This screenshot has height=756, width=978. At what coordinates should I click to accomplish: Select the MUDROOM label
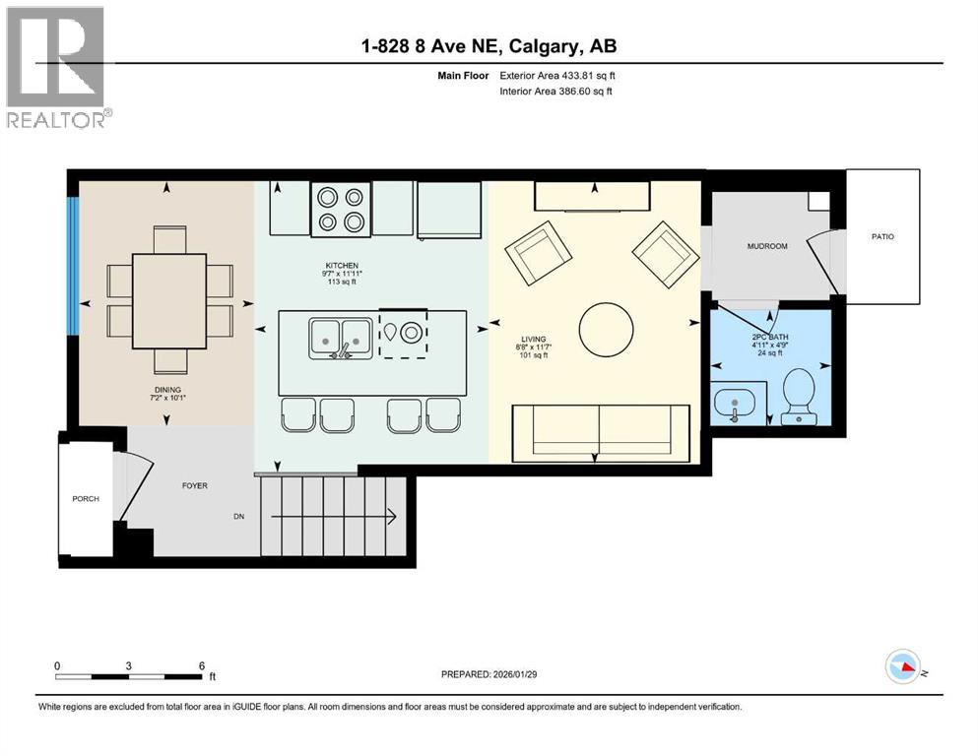point(767,246)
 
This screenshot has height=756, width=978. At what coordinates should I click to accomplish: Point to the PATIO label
point(881,237)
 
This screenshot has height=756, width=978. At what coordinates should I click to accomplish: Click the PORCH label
point(86,498)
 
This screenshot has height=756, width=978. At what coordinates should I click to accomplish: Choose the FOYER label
point(194,485)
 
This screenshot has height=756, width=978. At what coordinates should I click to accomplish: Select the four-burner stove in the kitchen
point(341,209)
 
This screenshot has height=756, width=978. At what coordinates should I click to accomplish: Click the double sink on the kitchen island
point(340,337)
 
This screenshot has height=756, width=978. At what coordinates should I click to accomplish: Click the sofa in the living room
point(600,431)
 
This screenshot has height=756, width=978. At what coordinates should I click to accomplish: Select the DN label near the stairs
point(238,516)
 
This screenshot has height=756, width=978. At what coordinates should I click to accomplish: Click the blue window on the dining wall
point(72,266)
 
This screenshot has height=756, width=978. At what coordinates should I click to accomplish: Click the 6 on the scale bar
point(201,665)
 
